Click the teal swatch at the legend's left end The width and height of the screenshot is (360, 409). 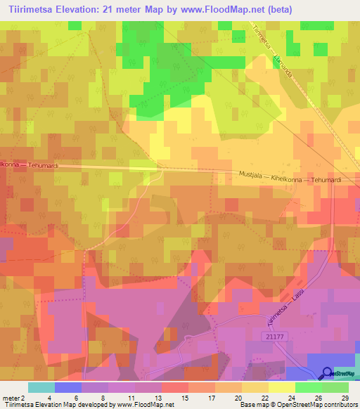coord(41,387)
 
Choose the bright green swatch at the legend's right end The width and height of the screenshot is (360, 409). coord(335,387)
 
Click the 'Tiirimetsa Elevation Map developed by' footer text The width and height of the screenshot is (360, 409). coord(53,405)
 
